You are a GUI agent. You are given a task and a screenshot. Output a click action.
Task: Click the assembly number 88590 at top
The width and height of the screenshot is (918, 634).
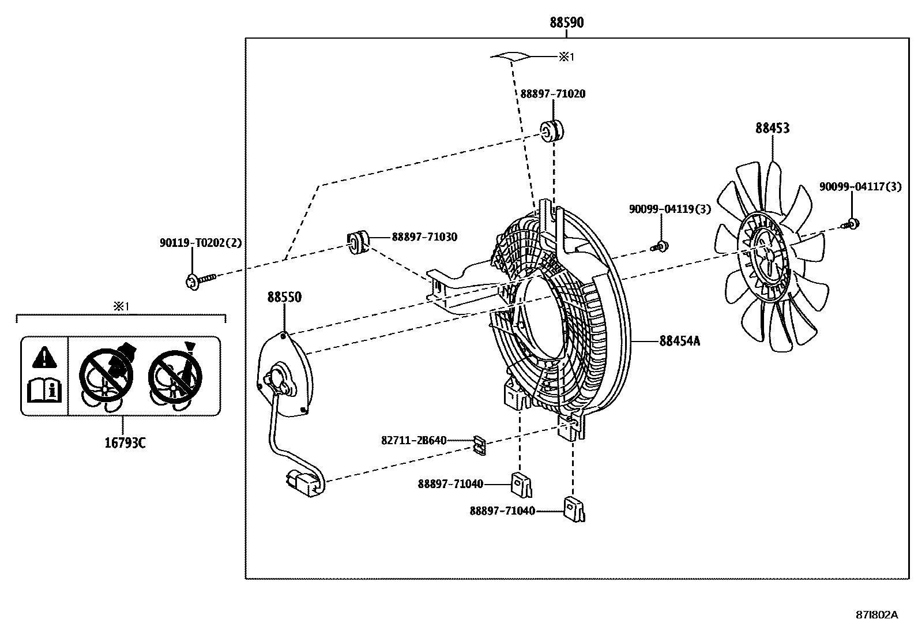566,22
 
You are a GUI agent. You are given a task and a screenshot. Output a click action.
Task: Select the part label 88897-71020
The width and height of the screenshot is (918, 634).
552,93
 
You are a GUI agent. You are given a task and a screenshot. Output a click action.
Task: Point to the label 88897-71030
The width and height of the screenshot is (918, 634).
424,237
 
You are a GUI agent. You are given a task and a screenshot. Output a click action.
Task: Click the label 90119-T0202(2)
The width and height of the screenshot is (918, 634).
200,243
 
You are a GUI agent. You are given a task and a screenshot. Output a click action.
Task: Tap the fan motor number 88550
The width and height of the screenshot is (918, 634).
284,297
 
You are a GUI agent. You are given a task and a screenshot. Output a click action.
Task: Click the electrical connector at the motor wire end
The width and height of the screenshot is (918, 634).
305,482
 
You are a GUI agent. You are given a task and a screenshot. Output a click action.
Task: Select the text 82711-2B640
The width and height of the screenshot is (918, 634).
413,440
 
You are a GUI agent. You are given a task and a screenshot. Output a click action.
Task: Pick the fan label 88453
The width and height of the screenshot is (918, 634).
772,128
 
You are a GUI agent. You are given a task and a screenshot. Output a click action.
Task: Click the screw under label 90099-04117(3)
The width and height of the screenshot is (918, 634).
852,223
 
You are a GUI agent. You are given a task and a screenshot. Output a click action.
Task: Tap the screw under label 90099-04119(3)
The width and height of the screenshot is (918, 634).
661,246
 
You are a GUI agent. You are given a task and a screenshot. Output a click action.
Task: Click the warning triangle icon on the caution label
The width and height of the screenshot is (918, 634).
44,358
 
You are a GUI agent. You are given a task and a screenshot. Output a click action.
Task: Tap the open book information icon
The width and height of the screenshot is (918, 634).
44,391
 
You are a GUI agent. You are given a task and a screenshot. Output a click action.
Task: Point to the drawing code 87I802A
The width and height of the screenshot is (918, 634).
876,614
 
